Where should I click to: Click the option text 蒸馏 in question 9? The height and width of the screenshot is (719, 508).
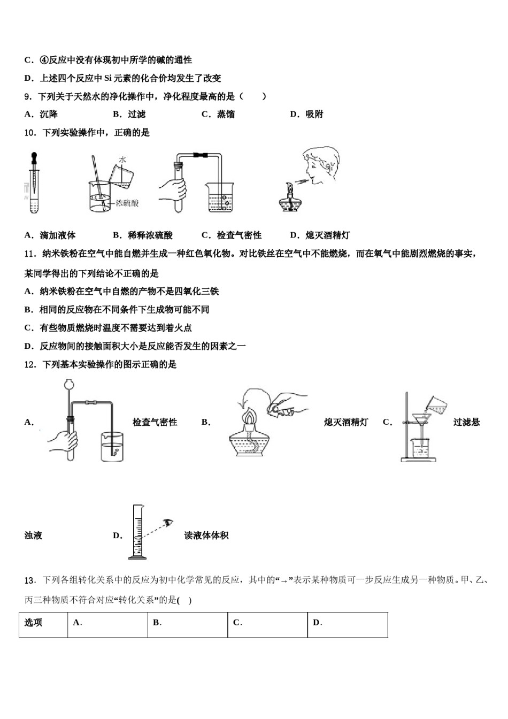[225, 114]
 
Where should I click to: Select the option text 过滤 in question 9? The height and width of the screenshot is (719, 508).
[136, 114]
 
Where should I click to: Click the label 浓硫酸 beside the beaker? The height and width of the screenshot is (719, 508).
[127, 203]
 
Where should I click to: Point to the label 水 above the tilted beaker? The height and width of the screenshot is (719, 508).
[122, 159]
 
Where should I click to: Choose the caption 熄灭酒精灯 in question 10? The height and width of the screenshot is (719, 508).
[327, 235]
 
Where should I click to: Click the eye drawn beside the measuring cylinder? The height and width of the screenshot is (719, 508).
[170, 522]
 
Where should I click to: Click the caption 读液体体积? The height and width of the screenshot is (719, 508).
[206, 536]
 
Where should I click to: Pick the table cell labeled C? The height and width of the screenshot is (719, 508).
[267, 623]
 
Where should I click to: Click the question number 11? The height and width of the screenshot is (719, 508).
[30, 254]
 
